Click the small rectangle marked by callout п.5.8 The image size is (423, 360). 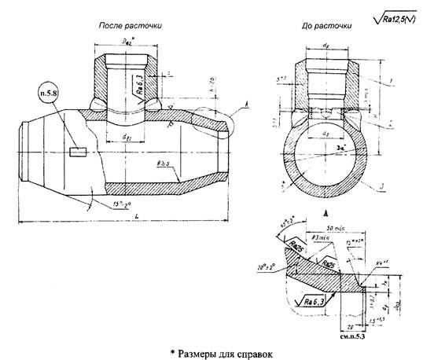[x=77, y=151]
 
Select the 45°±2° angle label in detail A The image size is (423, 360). [x=289, y=229]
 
